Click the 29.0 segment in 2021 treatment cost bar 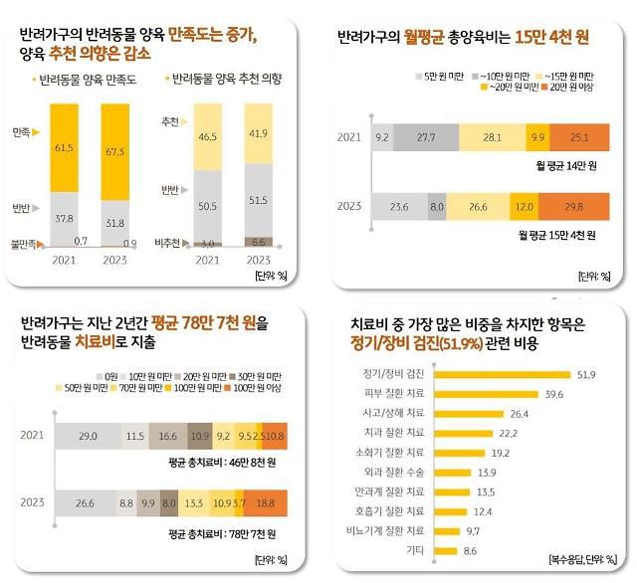(x=88, y=436)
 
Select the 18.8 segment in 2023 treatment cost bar (x=266, y=503)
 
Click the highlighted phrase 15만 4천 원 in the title (x=552, y=38)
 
